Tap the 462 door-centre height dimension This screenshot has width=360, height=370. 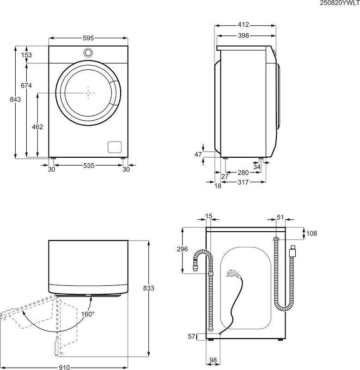point(37,127)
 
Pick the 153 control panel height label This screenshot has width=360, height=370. point(26,55)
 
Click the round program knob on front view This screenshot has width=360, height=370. point(88,52)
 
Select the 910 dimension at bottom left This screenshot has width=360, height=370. point(64,368)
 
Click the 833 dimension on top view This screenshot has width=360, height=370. point(148,288)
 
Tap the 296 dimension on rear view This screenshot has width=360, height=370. point(183,249)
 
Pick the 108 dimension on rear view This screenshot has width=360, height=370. point(311,234)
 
